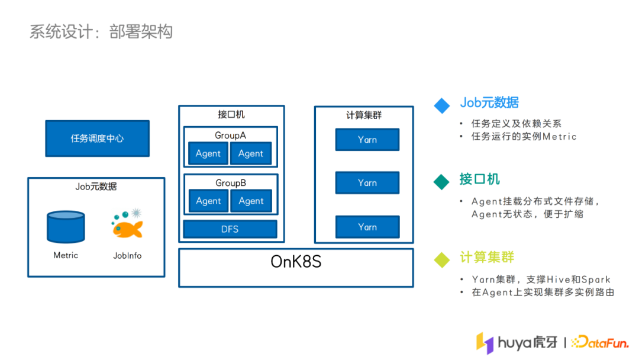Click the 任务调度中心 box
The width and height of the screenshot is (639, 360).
[97, 139]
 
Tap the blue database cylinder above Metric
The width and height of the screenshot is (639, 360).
[66, 227]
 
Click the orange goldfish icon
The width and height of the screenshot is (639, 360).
[128, 226]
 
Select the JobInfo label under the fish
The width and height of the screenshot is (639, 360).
[127, 256]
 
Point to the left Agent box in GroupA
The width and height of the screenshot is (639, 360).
[208, 153]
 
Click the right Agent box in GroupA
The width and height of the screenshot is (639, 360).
[251, 153]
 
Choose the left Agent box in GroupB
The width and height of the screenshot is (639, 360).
[208, 201]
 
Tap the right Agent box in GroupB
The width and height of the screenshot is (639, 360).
[251, 201]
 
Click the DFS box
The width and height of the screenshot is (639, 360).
[230, 229]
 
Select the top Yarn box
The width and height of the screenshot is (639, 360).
[367, 140]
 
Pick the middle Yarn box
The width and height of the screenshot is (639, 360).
[367, 183]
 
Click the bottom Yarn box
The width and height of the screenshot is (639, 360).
[367, 227]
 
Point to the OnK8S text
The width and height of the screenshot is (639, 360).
[296, 262]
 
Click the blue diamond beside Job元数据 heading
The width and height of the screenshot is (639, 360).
[442, 105]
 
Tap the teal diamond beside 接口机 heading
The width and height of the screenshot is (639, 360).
[442, 181]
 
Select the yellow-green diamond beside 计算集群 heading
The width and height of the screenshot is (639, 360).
[442, 259]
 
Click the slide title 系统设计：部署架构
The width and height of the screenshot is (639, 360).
[101, 31]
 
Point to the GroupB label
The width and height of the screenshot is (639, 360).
[230, 183]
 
